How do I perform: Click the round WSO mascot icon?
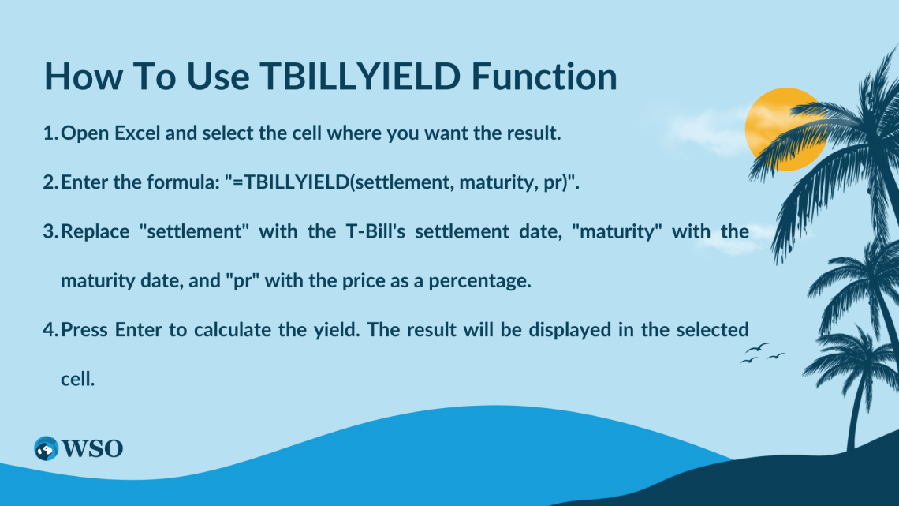tap(47, 448)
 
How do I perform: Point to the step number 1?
tap(48, 133)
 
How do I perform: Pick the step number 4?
tap(48, 329)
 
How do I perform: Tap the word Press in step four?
tap(84, 329)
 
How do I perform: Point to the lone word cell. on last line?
tap(77, 378)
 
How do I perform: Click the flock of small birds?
tap(761, 353)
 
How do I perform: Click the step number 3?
tap(48, 231)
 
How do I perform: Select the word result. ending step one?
tap(534, 133)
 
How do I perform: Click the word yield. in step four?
tap(362, 329)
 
